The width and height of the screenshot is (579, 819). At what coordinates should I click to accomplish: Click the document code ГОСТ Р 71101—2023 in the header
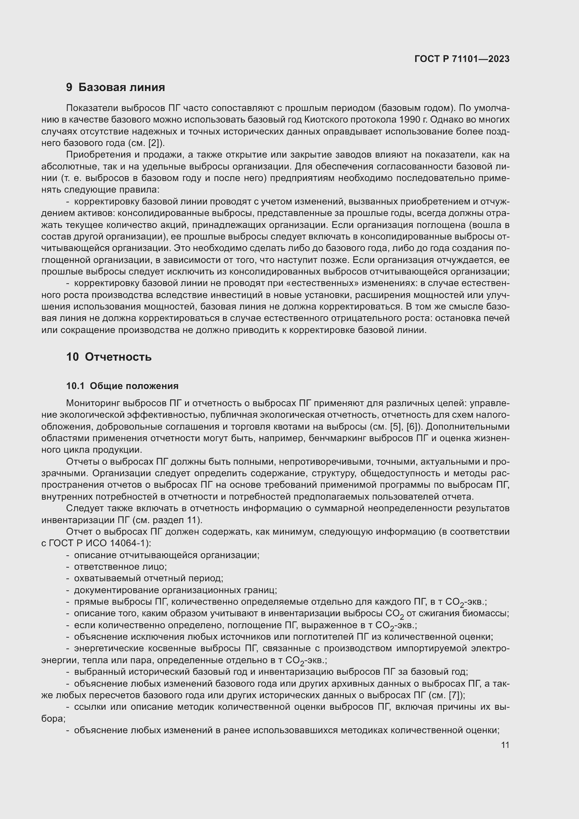(x=462, y=59)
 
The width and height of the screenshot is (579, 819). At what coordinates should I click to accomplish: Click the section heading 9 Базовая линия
(x=115, y=87)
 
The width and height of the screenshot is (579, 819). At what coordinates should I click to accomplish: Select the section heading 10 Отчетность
(x=109, y=357)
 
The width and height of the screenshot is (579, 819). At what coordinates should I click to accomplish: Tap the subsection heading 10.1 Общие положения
(x=122, y=386)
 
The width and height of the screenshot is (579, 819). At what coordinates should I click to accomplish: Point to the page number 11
(x=505, y=745)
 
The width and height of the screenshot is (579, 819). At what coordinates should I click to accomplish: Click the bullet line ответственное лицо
(x=120, y=567)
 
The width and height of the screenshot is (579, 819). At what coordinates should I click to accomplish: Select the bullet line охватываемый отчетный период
(x=148, y=578)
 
